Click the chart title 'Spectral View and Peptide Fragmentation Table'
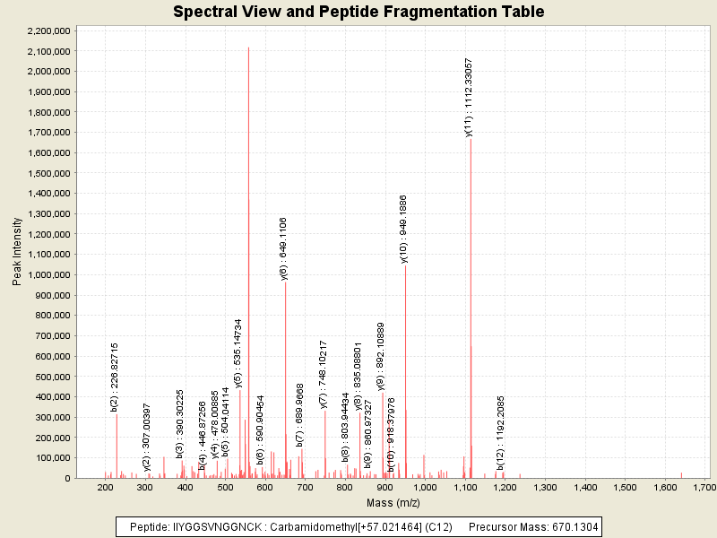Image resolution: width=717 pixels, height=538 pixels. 358,12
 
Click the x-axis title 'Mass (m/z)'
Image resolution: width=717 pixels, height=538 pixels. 392,503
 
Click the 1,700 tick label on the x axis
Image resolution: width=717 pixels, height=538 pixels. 705,487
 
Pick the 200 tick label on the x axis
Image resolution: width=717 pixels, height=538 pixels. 106,487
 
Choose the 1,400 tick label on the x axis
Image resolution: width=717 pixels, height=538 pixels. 585,487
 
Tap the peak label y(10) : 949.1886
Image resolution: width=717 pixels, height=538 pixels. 404,229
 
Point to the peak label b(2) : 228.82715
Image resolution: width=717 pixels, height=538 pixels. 115,377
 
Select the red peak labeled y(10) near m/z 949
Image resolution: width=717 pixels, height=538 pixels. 405,377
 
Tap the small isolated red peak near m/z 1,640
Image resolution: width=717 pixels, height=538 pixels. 681,474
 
